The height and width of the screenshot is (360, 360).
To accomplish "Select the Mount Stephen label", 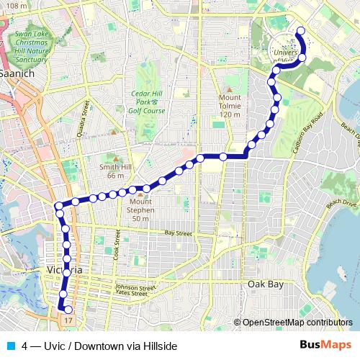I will (141, 215).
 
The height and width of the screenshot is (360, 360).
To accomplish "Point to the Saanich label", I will (14, 74).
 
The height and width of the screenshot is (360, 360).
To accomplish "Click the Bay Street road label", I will (179, 233).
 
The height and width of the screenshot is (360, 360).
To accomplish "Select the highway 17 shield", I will (68, 318).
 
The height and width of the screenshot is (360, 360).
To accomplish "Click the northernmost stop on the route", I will (300, 30).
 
